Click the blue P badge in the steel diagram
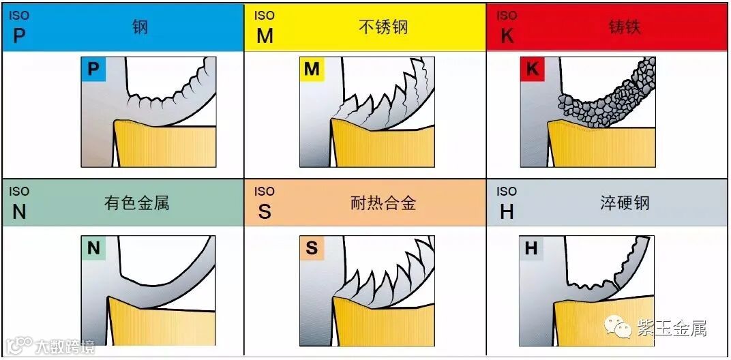pyautogui.click(x=93, y=69)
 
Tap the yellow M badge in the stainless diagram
pyautogui.click(x=312, y=69)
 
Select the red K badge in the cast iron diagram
pyautogui.click(x=532, y=69)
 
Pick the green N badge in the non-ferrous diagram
pyautogui.click(x=93, y=248)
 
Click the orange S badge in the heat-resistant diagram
pyautogui.click(x=312, y=248)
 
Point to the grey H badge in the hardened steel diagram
pyautogui.click(x=531, y=248)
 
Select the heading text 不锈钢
pyautogui.click(x=383, y=27)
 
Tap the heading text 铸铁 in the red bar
pyautogui.click(x=625, y=27)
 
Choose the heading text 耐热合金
pyautogui.click(x=383, y=202)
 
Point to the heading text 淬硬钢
pyautogui.click(x=625, y=202)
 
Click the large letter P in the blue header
pyautogui.click(x=19, y=36)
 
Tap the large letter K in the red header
pyautogui.click(x=507, y=36)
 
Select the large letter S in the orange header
pyautogui.click(x=265, y=212)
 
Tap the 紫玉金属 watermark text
pyautogui.click(x=671, y=329)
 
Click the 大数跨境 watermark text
pyautogui.click(x=65, y=346)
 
